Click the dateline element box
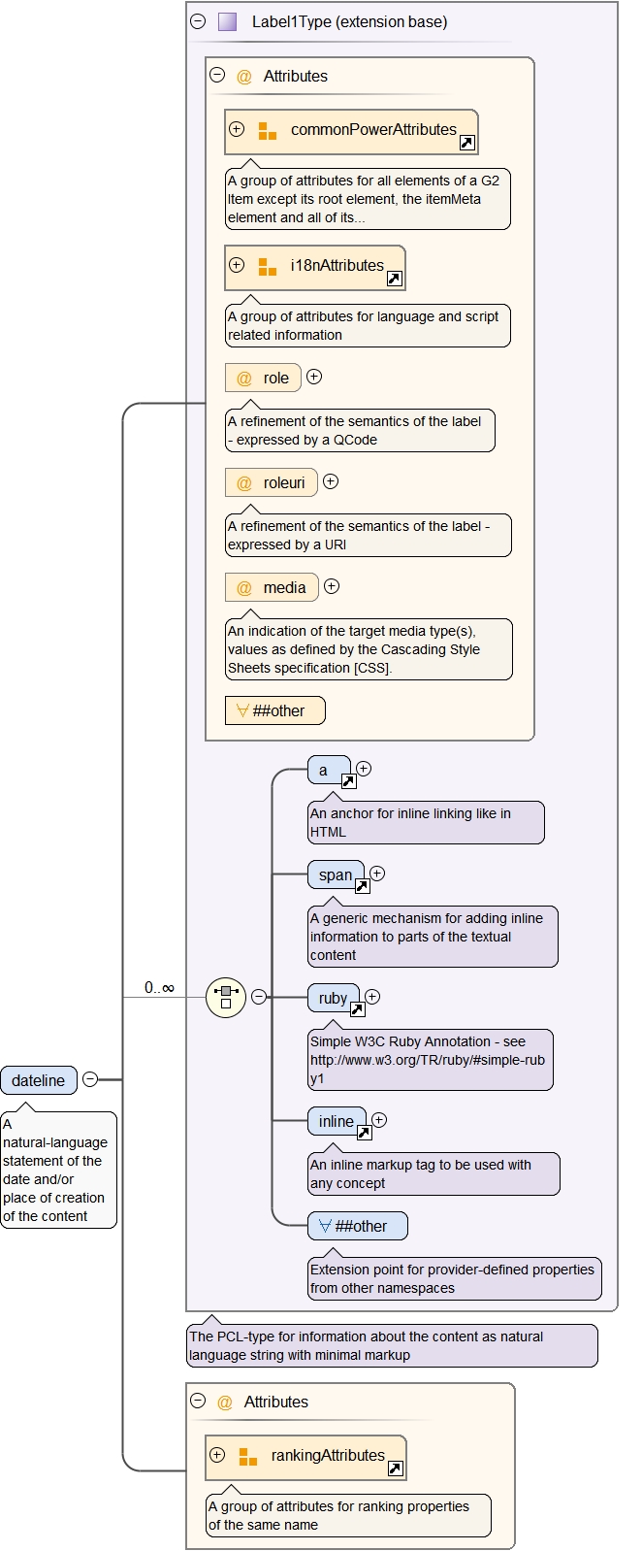[39, 1080]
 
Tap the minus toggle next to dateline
[90, 1079]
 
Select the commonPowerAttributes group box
[351, 131]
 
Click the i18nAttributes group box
[315, 267]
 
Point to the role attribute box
[263, 378]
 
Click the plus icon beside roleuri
[331, 481]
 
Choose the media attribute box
[271, 587]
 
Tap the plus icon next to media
[332, 586]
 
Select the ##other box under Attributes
[274, 710]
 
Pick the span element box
[336, 874]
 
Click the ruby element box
[333, 998]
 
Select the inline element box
[337, 1121]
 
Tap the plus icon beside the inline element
[379, 1120]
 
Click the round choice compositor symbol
[226, 997]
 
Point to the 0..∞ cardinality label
[159, 987]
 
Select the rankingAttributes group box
[306, 1457]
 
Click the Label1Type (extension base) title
[349, 21]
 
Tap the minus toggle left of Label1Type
[198, 20]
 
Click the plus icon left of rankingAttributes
[217, 1455]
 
